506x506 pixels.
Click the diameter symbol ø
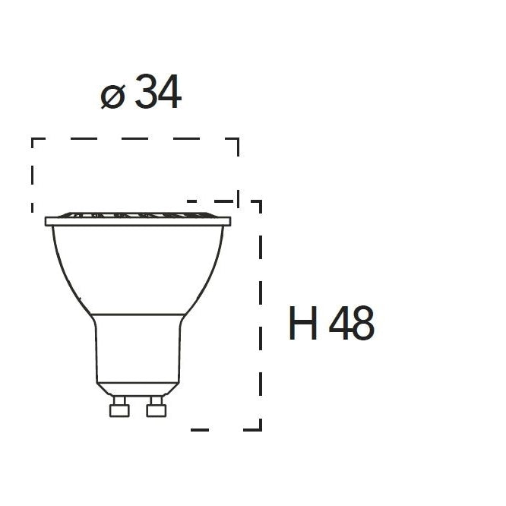112,96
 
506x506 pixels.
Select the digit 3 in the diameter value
146,94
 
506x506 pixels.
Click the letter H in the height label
303,324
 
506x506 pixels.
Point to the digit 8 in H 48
362,324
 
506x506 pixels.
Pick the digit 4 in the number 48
340,324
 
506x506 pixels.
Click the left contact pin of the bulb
119,407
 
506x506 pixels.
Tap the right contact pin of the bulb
157,407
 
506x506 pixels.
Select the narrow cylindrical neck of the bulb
138,349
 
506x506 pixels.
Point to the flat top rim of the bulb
138,221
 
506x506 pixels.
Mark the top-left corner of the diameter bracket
32,139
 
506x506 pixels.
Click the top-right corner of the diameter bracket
238,139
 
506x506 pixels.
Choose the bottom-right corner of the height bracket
261,429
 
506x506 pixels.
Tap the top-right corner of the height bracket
261,202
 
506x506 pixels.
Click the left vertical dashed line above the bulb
32,175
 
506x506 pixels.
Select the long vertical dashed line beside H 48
261,319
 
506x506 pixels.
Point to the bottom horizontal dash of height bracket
201,429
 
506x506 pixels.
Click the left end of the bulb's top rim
47,221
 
